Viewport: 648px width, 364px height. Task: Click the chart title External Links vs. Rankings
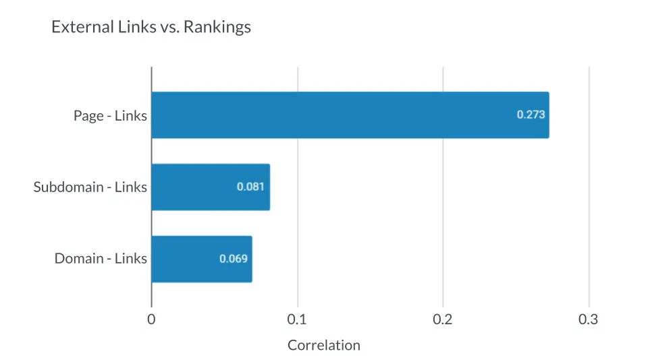point(151,28)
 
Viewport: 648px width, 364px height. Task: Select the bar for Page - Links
point(350,115)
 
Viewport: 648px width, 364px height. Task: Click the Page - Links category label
point(110,115)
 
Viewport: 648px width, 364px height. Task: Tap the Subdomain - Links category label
point(90,187)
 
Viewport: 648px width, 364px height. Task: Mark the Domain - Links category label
point(101,259)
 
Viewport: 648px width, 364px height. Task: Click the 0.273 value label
point(531,115)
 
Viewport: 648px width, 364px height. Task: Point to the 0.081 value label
point(250,187)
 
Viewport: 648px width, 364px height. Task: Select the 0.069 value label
point(233,259)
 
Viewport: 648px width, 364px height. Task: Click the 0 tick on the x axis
point(151,320)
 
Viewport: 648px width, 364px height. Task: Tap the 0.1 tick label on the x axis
point(297,320)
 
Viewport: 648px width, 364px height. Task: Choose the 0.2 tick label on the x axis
point(443,320)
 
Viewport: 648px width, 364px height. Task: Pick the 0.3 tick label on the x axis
point(589,320)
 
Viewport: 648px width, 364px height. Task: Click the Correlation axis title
point(324,345)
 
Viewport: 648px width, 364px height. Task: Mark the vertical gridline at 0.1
point(298,152)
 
